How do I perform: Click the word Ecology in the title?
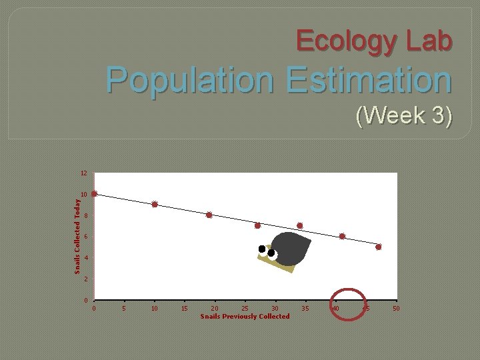tap(347, 41)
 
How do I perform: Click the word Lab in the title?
tap(426, 41)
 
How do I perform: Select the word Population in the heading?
tap(189, 80)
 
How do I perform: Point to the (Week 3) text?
tap(404, 115)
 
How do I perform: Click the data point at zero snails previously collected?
tap(94, 194)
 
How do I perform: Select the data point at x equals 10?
tap(155, 205)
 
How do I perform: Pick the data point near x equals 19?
tap(209, 215)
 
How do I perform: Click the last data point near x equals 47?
tap(378, 247)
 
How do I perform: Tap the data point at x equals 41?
tap(342, 236)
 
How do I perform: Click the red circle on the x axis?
tap(349, 304)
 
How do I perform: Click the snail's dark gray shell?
tap(291, 249)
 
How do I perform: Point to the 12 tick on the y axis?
tap(84, 173)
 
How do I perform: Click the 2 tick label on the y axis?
tap(85, 279)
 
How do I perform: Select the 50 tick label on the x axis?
tap(396, 309)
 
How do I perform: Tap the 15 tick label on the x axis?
tap(185, 309)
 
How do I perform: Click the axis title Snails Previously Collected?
tap(245, 316)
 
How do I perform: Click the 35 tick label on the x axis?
tap(305, 309)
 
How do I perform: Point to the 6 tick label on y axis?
tap(85, 237)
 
